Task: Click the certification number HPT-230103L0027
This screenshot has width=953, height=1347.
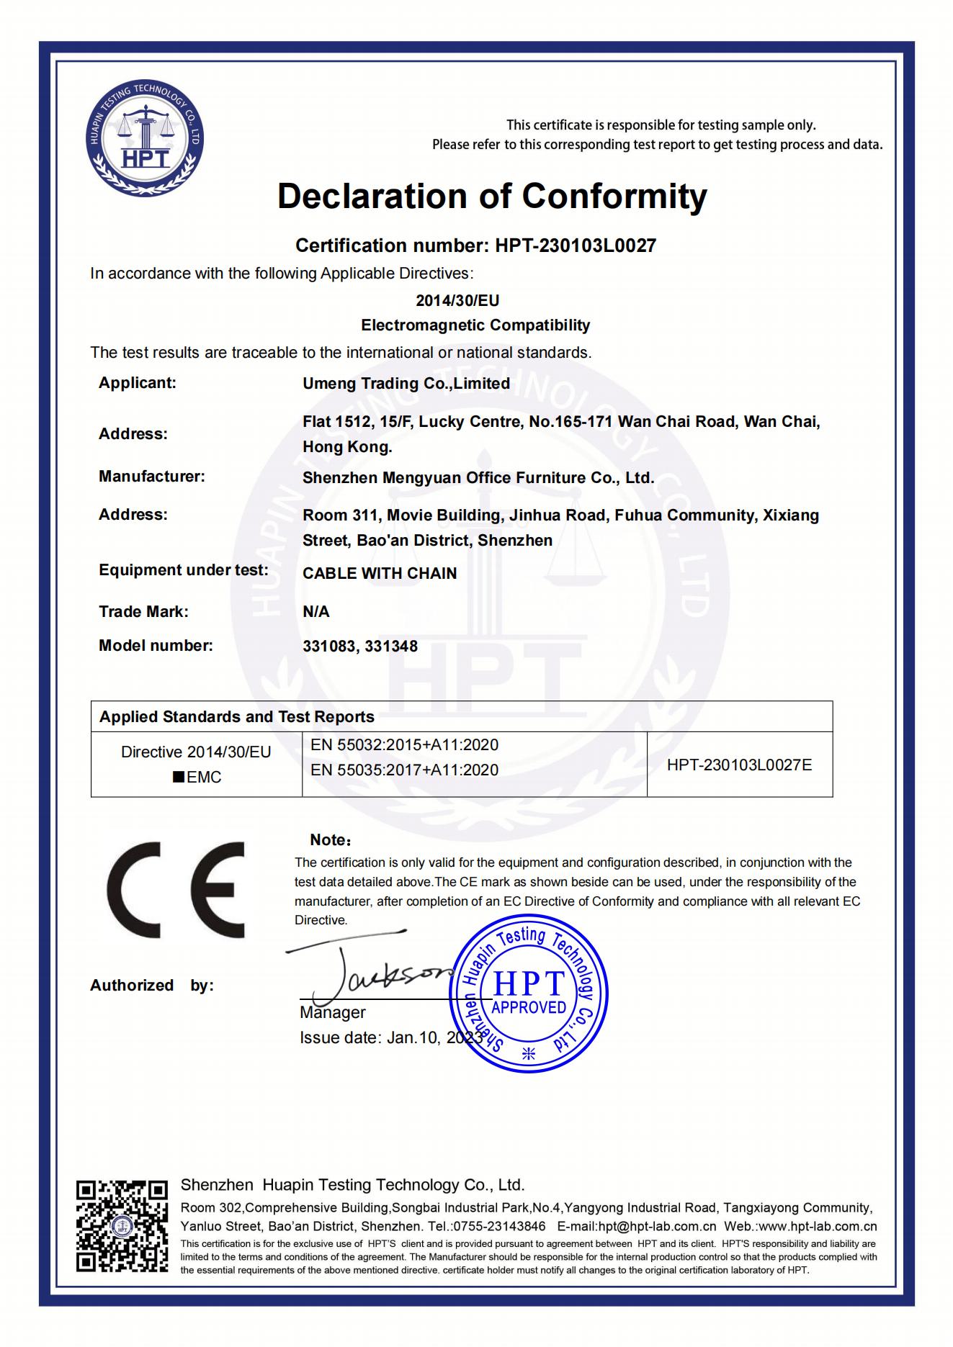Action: (575, 245)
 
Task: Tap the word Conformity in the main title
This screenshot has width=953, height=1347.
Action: (614, 196)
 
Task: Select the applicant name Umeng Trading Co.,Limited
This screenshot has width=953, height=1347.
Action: (406, 384)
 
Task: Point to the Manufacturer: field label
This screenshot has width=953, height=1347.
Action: (151, 477)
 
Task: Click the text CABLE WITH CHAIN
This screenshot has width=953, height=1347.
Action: (380, 574)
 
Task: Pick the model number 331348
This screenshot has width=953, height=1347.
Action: (391, 647)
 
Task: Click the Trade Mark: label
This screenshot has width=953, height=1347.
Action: (143, 612)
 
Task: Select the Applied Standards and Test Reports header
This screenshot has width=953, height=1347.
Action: (236, 717)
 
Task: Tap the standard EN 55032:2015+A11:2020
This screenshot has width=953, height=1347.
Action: (404, 745)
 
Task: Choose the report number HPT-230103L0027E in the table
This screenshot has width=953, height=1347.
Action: (739, 765)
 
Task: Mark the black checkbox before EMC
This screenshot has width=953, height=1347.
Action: (178, 778)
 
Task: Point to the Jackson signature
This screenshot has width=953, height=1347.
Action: (375, 972)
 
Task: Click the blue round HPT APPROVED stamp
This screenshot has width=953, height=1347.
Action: (528, 994)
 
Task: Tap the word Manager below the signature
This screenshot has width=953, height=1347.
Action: (332, 1013)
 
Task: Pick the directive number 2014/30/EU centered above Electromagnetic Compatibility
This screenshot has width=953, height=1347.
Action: (457, 301)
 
